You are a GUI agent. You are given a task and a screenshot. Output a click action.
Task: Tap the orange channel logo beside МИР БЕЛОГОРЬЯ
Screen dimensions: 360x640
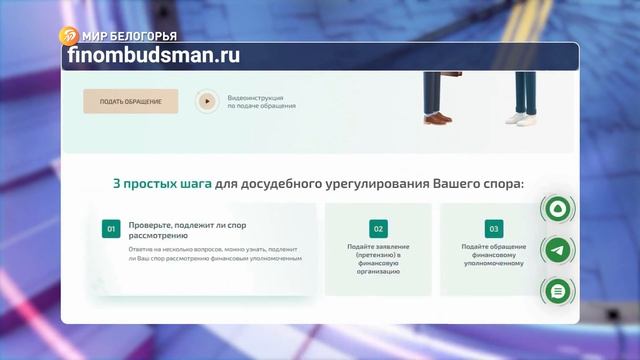[x=68, y=36]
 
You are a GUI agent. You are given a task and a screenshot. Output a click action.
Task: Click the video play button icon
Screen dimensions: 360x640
[x=207, y=100]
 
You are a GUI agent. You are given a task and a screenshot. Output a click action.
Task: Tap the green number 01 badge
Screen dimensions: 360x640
[x=110, y=228]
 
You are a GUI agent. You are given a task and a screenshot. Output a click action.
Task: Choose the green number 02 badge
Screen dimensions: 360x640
[x=378, y=228]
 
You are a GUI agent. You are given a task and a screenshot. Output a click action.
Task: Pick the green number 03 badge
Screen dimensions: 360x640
[x=492, y=228]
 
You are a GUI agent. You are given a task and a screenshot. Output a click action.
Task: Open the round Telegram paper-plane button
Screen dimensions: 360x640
[x=556, y=250]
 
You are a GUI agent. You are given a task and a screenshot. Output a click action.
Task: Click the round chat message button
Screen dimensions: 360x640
[x=556, y=290]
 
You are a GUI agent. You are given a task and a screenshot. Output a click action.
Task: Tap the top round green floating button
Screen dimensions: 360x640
[x=556, y=210]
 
